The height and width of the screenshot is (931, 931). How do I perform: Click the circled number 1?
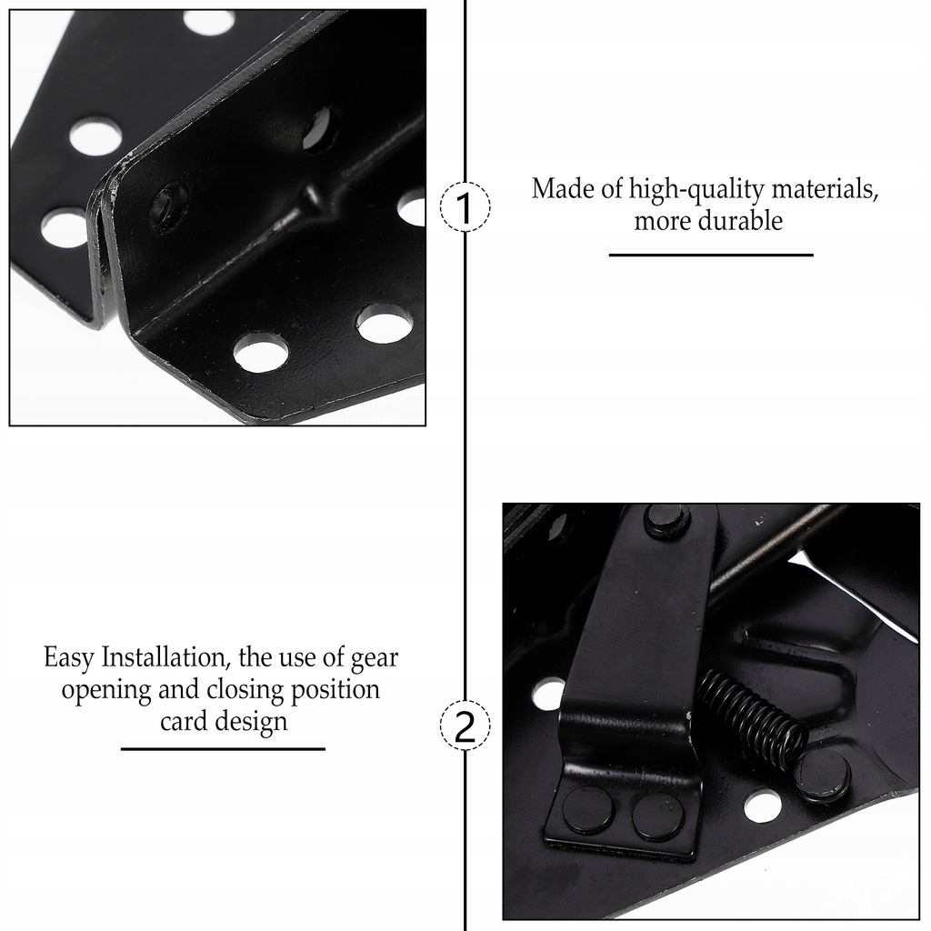point(465,207)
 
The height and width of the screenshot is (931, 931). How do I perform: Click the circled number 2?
point(465,727)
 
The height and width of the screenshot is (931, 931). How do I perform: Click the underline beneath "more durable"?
point(711,255)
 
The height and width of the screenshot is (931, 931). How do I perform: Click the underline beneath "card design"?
point(223,748)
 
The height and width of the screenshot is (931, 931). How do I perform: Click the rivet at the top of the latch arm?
point(666,520)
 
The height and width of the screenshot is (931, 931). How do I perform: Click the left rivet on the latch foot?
point(587,810)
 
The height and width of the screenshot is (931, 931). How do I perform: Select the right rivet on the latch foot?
point(657,816)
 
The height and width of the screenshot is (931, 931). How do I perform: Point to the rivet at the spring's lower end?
point(822,776)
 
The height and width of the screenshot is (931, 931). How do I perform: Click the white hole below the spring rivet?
point(762,806)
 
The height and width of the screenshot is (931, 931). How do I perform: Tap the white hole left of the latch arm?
point(548,694)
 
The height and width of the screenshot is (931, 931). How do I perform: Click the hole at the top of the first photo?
point(209,22)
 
